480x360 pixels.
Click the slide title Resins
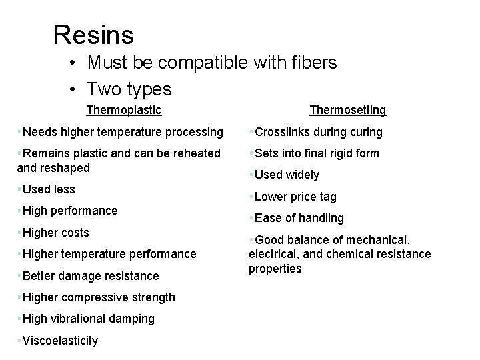(93, 35)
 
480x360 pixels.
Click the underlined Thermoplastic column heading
(124, 109)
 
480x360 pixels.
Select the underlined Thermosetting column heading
(347, 109)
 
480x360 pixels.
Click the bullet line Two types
(129, 88)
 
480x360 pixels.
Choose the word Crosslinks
(283, 132)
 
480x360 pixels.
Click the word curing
(365, 132)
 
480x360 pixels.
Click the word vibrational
(83, 319)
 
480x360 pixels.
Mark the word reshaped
(64, 168)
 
